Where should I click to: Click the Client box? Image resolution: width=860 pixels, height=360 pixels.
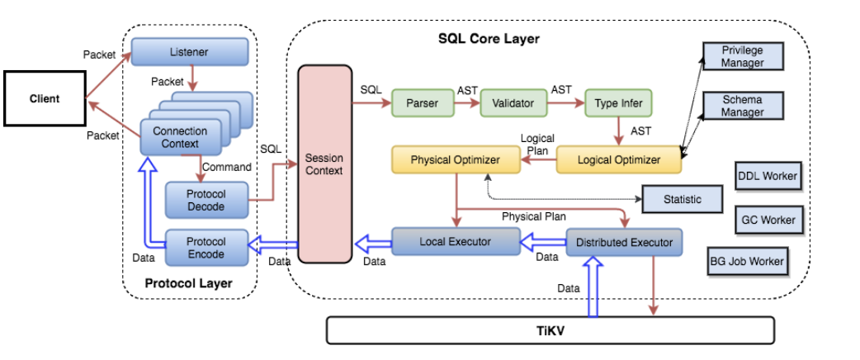[45, 99]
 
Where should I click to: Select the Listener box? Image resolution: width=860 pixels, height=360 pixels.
[189, 53]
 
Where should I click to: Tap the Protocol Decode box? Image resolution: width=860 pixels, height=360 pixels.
[206, 200]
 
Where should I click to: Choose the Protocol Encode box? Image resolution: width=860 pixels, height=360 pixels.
[206, 247]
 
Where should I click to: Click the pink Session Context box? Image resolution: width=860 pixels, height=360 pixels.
[324, 164]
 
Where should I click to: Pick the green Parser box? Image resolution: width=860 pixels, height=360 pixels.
[422, 104]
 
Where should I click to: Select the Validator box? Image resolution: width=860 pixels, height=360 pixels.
[513, 104]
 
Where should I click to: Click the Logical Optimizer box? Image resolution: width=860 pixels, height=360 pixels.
[619, 159]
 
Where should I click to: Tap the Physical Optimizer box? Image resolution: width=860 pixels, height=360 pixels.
[455, 159]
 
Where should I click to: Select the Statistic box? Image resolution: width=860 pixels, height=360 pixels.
[682, 200]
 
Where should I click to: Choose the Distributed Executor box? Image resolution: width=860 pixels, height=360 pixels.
[624, 242]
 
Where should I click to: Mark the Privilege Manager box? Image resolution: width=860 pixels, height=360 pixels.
[742, 56]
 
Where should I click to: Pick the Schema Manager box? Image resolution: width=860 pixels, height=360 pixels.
[742, 106]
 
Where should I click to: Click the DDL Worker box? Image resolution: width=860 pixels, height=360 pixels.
[766, 177]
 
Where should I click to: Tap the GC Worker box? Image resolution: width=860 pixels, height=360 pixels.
[768, 220]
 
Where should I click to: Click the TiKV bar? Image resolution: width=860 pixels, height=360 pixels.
[550, 330]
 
